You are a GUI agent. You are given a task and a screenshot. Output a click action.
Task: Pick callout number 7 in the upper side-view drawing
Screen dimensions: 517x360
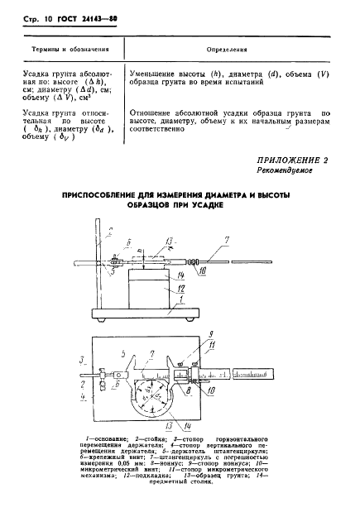click(x=226, y=242)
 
